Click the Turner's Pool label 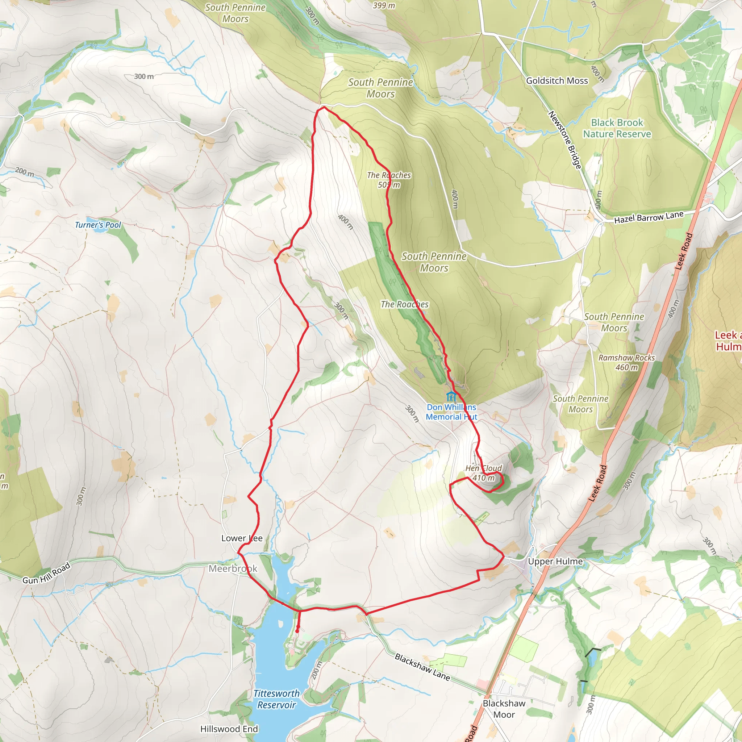(x=98, y=225)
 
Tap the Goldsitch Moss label (x=557, y=81)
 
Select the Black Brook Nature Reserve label (x=617, y=128)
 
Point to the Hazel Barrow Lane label (x=649, y=217)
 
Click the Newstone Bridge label (x=564, y=140)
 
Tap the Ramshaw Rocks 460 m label (x=626, y=363)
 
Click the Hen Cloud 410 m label (x=484, y=473)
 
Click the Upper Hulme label (x=555, y=562)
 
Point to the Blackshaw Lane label (x=422, y=667)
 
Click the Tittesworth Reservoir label (x=276, y=699)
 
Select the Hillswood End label (x=229, y=729)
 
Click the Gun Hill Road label (x=46, y=573)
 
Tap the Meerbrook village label (x=233, y=569)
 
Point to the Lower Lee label (x=242, y=538)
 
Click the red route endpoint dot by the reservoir (x=297, y=631)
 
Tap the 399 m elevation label (x=384, y=5)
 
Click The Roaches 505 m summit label (x=389, y=180)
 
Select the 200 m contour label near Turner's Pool (x=25, y=172)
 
